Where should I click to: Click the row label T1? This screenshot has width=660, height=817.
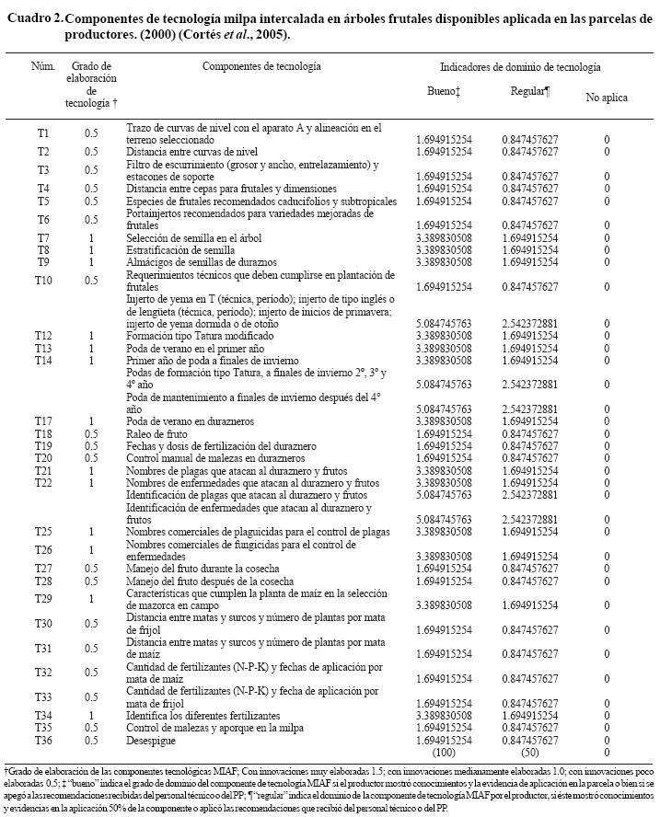click(43, 133)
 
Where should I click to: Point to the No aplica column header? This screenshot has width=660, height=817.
click(607, 97)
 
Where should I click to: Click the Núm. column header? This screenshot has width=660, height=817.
click(43, 67)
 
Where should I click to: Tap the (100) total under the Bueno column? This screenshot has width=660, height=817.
click(444, 751)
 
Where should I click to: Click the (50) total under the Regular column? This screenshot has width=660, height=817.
click(530, 751)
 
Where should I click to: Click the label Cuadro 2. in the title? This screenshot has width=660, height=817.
click(34, 19)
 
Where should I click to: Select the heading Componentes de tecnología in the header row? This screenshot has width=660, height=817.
click(261, 67)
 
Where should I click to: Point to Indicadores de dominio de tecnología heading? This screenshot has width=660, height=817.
click(520, 67)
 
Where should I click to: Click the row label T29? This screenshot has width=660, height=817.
click(43, 599)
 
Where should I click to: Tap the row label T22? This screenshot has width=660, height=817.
click(43, 482)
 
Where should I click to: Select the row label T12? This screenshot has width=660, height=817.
click(43, 336)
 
